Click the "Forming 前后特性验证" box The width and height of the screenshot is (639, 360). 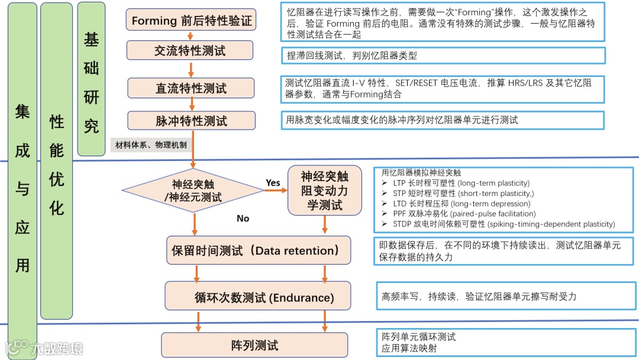pyautogui.click(x=191, y=21)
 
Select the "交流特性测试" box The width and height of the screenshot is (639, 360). pyautogui.click(x=190, y=51)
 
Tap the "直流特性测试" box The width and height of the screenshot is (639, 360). pyautogui.click(x=191, y=88)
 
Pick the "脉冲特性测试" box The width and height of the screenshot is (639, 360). pyautogui.click(x=191, y=121)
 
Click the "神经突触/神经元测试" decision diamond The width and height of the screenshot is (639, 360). pyautogui.click(x=193, y=189)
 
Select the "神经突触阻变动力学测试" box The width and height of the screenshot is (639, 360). pyautogui.click(x=324, y=190)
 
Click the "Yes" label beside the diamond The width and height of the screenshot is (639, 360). pyautogui.click(x=273, y=183)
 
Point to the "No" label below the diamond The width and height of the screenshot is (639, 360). pyautogui.click(x=243, y=218)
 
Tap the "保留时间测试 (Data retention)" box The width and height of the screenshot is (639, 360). pyautogui.click(x=257, y=250)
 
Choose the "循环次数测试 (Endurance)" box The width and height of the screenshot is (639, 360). pyautogui.click(x=257, y=297)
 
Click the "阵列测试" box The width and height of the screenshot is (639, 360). pyautogui.click(x=254, y=345)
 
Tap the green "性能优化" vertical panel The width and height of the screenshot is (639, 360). pyautogui.click(x=56, y=160)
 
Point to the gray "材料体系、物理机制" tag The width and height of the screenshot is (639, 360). pyautogui.click(x=151, y=145)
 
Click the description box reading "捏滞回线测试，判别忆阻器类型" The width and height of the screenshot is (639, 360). pyautogui.click(x=443, y=56)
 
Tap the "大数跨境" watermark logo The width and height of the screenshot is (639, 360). pyautogui.click(x=44, y=348)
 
